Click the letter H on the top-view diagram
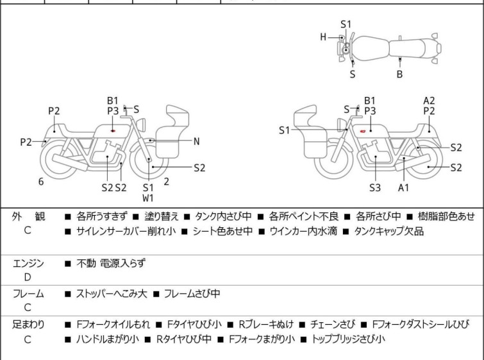coord(323,37)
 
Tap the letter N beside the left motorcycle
coord(196,141)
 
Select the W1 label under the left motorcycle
coord(148,198)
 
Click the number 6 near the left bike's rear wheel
coord(41,182)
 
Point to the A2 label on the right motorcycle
coord(429,100)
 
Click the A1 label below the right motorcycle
coord(403,187)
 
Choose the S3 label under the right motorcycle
coord(374,187)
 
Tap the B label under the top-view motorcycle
coord(399,74)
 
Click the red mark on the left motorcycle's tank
coord(113,131)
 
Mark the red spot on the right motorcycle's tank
coord(363,131)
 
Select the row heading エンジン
coord(28,263)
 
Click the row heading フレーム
coord(28,294)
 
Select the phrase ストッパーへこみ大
coord(112,294)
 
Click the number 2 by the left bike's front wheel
coord(166,182)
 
